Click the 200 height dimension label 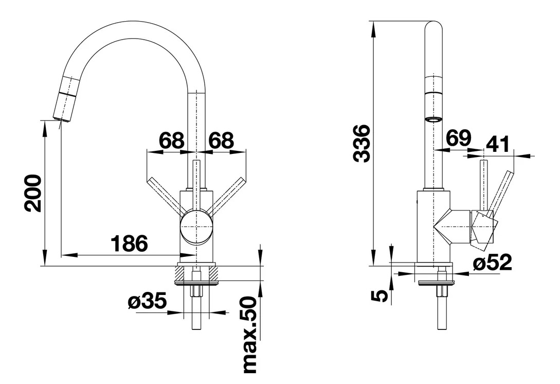(x=33, y=194)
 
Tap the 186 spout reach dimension (x=129, y=243)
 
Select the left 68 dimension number (x=171, y=141)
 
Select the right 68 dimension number (x=221, y=141)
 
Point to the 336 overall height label (x=361, y=144)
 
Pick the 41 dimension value (x=498, y=145)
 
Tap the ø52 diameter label (x=492, y=263)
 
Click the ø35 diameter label (x=147, y=302)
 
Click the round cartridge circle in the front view (x=197, y=226)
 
